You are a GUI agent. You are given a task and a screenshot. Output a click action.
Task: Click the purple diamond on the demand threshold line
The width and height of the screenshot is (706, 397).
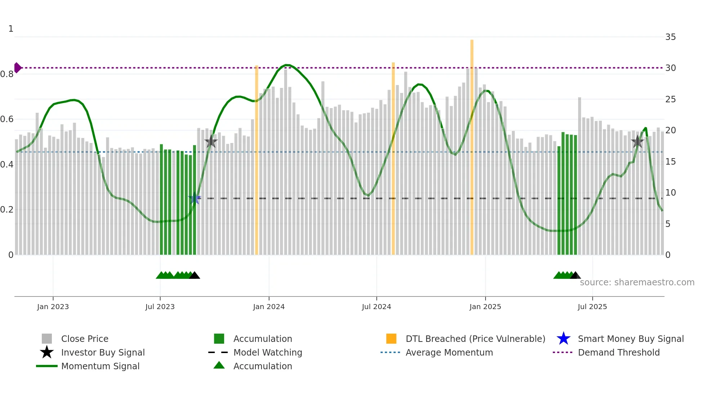pyautogui.click(x=17, y=68)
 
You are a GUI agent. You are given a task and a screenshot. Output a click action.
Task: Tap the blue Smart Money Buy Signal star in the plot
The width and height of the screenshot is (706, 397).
pyautogui.click(x=195, y=198)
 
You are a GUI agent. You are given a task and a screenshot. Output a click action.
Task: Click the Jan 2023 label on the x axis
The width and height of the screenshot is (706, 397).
pyautogui.click(x=53, y=307)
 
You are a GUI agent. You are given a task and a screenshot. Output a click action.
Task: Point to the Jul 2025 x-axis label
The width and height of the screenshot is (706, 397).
pyautogui.click(x=592, y=307)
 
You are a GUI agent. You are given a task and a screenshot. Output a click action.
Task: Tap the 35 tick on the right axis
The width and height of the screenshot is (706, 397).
pyautogui.click(x=670, y=37)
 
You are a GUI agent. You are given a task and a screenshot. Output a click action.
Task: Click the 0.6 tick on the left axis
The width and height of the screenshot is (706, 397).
pyautogui.click(x=7, y=119)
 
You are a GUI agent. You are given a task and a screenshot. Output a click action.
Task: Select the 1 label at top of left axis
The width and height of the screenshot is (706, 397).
pyautogui.click(x=11, y=29)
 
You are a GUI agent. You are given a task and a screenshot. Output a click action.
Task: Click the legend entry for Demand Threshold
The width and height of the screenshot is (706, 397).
pyautogui.click(x=618, y=353)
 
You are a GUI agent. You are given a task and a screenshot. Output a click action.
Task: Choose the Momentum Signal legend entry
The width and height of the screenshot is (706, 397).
pyautogui.click(x=100, y=366)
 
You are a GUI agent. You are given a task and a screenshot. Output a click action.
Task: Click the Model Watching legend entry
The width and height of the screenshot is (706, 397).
pyautogui.click(x=268, y=353)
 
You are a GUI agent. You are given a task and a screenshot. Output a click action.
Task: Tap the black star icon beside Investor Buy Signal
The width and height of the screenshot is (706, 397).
pyautogui.click(x=47, y=352)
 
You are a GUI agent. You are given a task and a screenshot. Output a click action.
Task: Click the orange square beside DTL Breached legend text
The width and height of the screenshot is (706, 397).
pyautogui.click(x=391, y=339)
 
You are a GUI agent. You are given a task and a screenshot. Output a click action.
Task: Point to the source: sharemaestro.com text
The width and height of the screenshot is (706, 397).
pyautogui.click(x=637, y=282)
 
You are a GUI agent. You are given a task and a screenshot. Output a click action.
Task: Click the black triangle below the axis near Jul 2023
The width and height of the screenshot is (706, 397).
pyautogui.click(x=195, y=276)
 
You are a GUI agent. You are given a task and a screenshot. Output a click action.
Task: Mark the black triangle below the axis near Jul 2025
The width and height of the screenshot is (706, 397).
pyautogui.click(x=575, y=276)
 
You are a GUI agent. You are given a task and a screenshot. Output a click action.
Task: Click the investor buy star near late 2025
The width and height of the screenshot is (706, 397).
pyautogui.click(x=638, y=142)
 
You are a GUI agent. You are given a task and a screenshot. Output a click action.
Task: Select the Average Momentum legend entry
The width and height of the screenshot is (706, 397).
pyautogui.click(x=449, y=353)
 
